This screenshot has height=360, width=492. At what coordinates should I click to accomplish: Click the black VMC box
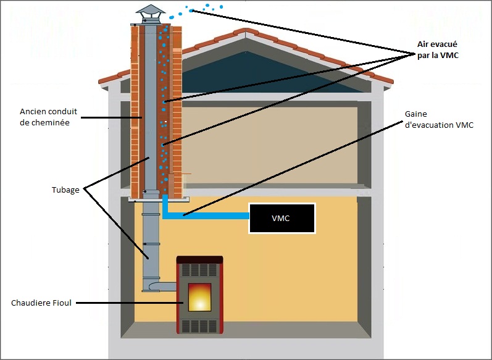281,219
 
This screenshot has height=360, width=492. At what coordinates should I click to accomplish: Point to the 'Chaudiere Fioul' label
41,303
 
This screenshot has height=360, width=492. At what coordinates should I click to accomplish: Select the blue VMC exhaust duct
204,216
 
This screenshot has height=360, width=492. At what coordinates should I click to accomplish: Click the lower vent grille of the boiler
199,325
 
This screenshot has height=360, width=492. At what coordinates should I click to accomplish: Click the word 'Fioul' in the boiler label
64,303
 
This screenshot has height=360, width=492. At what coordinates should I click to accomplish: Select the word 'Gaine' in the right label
417,114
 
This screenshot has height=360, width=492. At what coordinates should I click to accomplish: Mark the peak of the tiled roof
246,33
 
